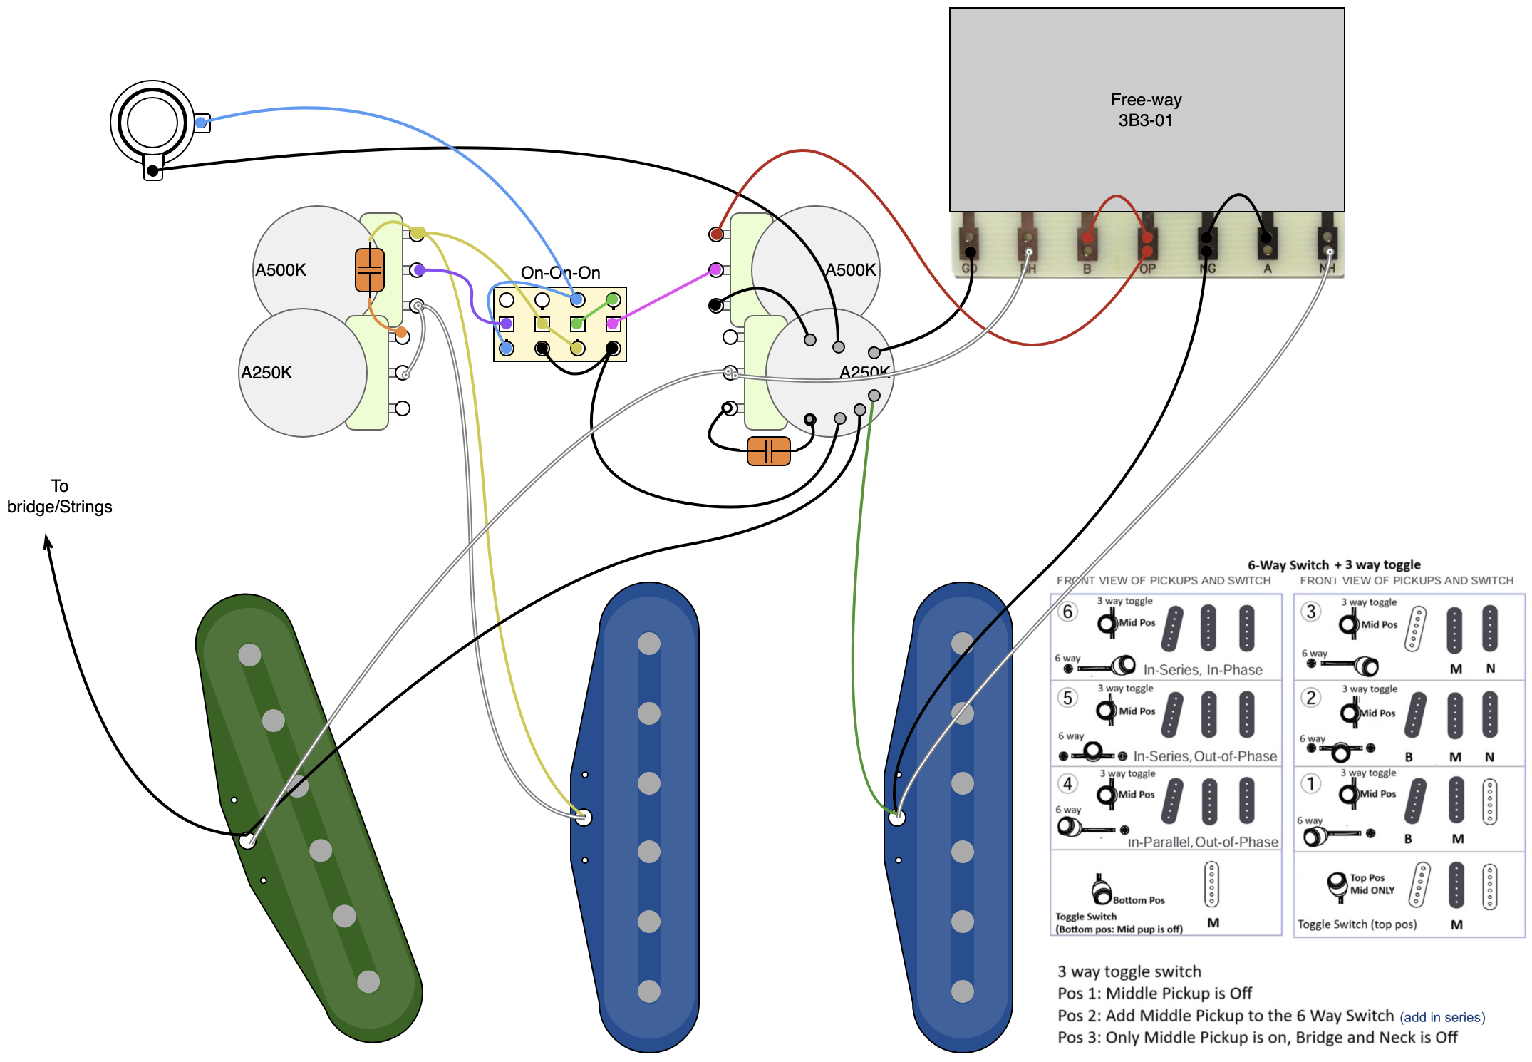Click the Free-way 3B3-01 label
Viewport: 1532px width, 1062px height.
tap(1146, 110)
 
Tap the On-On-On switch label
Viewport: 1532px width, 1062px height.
tap(560, 272)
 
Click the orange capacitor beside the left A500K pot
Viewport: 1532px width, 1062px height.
tap(370, 270)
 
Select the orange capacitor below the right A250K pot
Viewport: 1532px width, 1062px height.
tap(768, 451)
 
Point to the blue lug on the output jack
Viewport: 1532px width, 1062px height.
tap(202, 123)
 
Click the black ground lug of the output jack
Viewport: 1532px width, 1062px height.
tap(152, 170)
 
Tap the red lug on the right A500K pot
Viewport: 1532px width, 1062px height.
tap(716, 234)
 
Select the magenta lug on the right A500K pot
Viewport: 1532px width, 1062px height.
tap(715, 269)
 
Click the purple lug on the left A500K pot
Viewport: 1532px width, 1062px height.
tap(418, 269)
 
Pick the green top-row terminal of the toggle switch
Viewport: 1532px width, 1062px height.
tap(613, 299)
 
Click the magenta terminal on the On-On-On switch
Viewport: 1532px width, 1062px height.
tap(613, 324)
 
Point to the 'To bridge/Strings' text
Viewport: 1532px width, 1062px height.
tap(60, 496)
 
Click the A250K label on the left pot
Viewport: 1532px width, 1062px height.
tap(266, 372)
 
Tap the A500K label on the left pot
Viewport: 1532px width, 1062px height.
tap(281, 269)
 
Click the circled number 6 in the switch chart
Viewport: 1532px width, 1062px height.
tap(1067, 612)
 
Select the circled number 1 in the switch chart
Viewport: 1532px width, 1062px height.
tap(1311, 783)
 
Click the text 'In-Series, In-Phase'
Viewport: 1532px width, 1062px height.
tap(1203, 669)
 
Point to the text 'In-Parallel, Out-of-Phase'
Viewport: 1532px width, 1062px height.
tap(1203, 842)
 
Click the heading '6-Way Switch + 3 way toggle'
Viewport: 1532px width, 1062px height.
tap(1334, 564)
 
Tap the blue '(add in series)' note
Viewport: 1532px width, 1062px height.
tap(1442, 1017)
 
